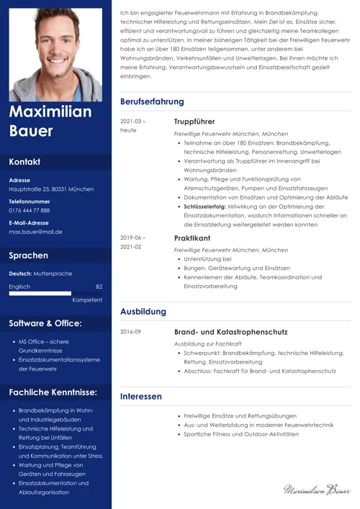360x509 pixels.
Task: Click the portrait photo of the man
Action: [55, 53]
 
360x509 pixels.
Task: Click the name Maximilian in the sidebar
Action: [50, 112]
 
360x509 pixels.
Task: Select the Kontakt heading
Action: [25, 162]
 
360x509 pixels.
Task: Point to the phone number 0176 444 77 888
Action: [30, 210]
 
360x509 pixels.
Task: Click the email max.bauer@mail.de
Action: [35, 232]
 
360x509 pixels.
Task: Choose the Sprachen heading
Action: [29, 256]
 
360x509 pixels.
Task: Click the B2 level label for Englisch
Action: [99, 286]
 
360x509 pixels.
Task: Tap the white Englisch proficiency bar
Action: [40, 294]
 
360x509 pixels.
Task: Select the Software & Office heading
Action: [45, 323]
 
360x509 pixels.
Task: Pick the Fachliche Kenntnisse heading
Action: [53, 392]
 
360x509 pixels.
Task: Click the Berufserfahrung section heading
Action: [152, 102]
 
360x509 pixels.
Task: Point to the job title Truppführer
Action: [194, 122]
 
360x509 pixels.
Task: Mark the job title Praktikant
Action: [192, 238]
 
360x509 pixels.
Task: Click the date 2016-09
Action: [131, 332]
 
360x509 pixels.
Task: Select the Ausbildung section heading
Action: [143, 312]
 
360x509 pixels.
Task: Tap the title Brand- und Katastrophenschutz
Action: [230, 332]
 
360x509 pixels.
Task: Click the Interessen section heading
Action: [141, 397]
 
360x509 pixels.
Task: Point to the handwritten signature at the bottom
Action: [316, 490]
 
